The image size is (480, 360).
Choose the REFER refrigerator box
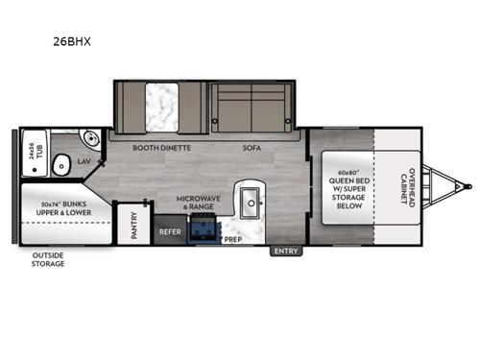(x=170, y=231)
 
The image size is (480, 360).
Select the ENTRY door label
(x=286, y=252)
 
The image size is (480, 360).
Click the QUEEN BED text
(x=342, y=180)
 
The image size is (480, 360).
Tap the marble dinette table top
(x=157, y=106)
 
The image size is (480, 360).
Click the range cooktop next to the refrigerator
(x=203, y=230)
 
